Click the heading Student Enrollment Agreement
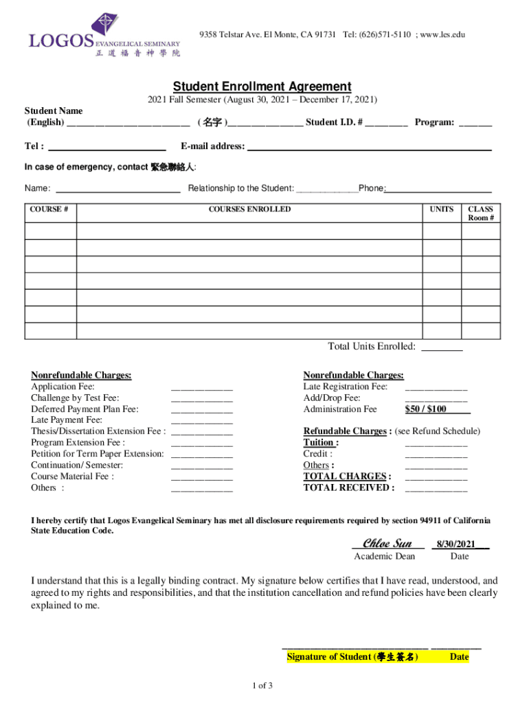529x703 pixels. (262, 87)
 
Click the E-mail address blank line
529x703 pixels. (369, 147)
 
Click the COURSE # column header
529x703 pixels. (50, 209)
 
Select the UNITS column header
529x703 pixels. (441, 209)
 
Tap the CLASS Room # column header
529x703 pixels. (480, 214)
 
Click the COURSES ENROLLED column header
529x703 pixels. (249, 209)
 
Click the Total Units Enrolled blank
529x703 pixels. (441, 347)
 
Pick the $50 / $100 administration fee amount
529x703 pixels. (426, 409)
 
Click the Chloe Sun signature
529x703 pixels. (387, 544)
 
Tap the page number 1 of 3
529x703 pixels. (264, 686)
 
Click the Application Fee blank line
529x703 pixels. (201, 387)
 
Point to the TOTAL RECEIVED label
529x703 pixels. (349, 488)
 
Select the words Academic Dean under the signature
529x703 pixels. (384, 557)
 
